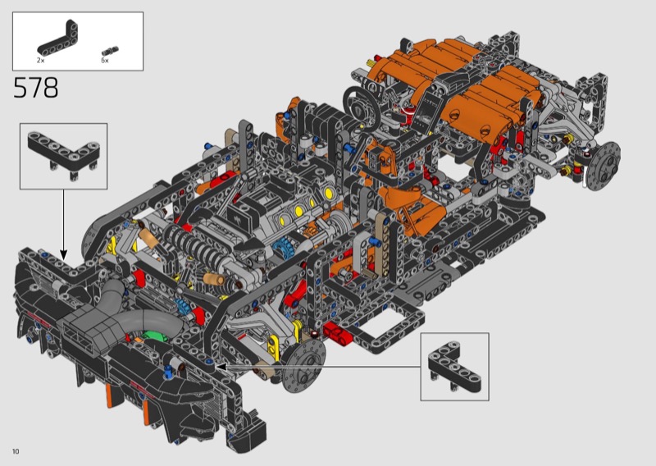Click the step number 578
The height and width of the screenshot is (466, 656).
36,88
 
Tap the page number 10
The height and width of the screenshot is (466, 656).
16,451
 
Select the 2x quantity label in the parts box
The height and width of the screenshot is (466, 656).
40,60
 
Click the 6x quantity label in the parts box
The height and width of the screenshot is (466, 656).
105,60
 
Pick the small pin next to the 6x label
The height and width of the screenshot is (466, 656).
110,51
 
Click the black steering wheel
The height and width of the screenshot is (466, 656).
362,106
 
